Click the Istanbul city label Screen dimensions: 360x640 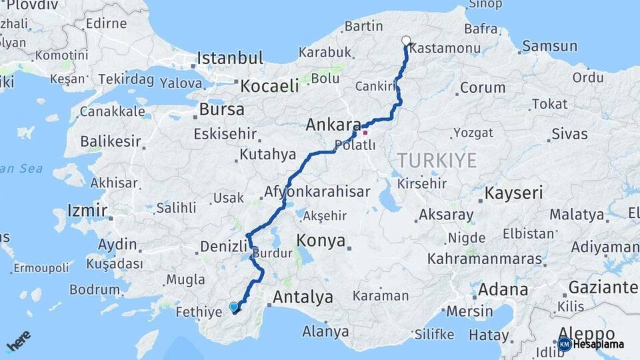[230, 57]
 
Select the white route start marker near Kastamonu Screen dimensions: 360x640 [406, 41]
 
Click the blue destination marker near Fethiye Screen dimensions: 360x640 [234, 307]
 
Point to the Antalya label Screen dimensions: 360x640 [303, 297]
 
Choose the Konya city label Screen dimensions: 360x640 [321, 240]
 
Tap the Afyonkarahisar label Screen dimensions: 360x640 [317, 192]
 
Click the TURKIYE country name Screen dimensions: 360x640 [437, 160]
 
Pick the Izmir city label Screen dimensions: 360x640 [87, 211]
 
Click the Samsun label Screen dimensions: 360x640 [549, 46]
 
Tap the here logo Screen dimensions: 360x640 [18, 341]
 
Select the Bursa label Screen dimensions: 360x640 [221, 109]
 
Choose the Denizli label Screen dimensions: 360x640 [224, 246]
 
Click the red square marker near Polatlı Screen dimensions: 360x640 [365, 132]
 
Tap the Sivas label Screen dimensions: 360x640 [569, 133]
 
